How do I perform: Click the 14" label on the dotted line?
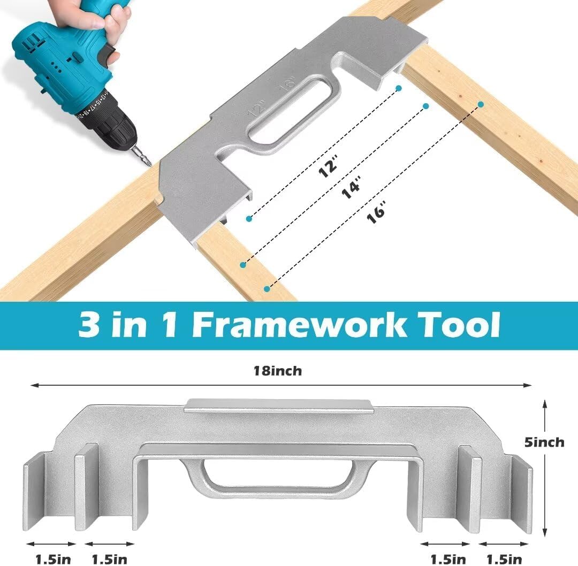(351, 188)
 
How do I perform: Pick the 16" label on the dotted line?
(377, 213)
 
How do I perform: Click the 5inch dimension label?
(544, 442)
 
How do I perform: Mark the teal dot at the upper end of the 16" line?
(481, 104)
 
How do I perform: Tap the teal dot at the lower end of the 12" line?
(248, 219)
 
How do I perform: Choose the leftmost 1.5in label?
(52, 560)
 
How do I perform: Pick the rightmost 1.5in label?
(504, 560)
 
